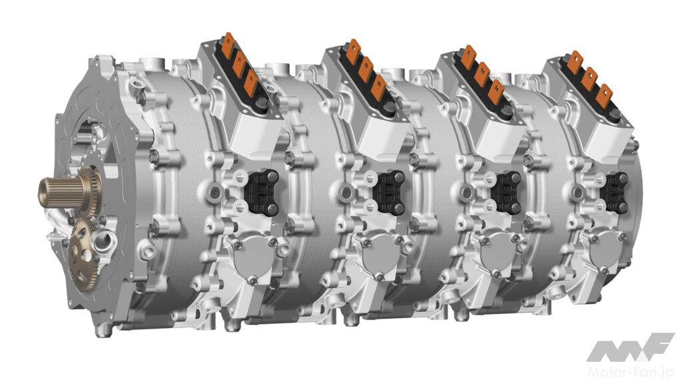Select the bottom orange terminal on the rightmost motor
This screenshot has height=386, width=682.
pos(603,96)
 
